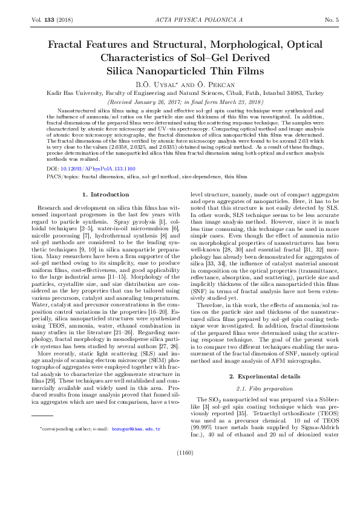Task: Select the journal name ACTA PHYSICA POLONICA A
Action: (x=180, y=20)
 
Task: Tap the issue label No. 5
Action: (x=330, y=20)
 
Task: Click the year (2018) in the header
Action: (x=64, y=20)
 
